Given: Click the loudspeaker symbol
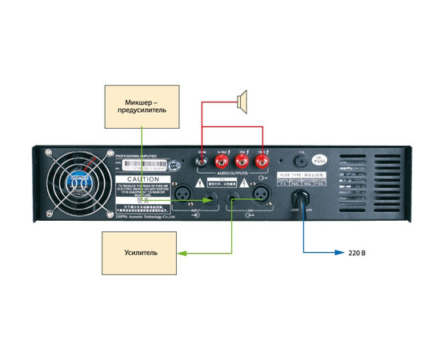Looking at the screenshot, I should point(242,99).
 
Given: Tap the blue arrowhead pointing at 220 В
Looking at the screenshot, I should point(342,253).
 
